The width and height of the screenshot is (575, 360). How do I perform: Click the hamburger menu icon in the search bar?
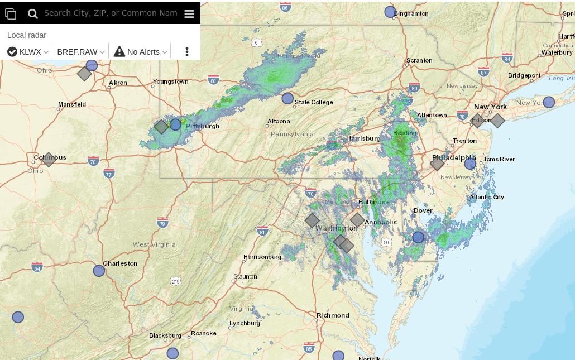coord(189,14)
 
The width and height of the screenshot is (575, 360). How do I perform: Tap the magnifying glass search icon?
coord(33,14)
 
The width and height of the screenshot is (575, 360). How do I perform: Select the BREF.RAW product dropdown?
coord(80,52)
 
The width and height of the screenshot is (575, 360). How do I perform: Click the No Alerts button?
coord(141,52)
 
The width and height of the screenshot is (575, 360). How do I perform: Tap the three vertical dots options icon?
coord(187,52)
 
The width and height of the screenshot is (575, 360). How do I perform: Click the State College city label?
coord(314,102)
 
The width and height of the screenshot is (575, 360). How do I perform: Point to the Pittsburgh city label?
coord(203,126)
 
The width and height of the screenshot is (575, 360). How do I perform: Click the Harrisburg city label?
coord(363,138)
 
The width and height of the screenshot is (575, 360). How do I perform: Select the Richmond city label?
coord(333,315)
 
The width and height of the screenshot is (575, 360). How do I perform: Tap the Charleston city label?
coord(120,263)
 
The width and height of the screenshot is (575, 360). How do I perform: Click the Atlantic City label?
coord(487,197)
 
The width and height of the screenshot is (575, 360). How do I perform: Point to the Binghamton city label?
coord(411,13)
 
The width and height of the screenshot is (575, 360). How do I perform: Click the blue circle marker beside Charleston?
coord(99,271)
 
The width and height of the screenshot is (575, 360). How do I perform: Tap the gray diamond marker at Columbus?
coord(49,160)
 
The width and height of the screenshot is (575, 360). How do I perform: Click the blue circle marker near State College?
coord(287,99)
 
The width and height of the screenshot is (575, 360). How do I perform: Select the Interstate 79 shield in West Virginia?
coord(162,223)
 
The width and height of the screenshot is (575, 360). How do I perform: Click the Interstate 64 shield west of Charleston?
coord(37,267)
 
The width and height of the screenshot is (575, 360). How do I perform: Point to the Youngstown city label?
coord(170,81)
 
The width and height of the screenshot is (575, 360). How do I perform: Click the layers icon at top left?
coord(11,14)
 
